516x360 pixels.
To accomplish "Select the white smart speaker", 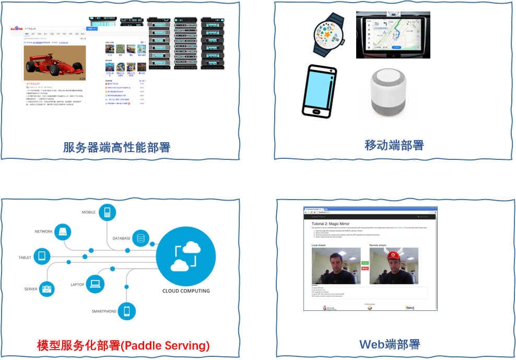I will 388,89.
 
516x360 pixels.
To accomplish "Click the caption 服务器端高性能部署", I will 117,147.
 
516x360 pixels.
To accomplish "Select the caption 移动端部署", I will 394,145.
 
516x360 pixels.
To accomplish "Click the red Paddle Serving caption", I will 123,345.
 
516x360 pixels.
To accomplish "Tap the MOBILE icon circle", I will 108,213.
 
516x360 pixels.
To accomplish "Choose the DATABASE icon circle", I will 140,239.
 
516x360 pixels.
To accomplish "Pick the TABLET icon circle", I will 42,257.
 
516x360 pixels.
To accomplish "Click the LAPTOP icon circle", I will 95,284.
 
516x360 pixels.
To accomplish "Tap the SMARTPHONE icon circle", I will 126,311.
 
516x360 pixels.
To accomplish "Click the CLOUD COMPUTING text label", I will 186,291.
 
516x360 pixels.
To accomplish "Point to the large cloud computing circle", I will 186,256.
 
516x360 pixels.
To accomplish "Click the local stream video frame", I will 333,266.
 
